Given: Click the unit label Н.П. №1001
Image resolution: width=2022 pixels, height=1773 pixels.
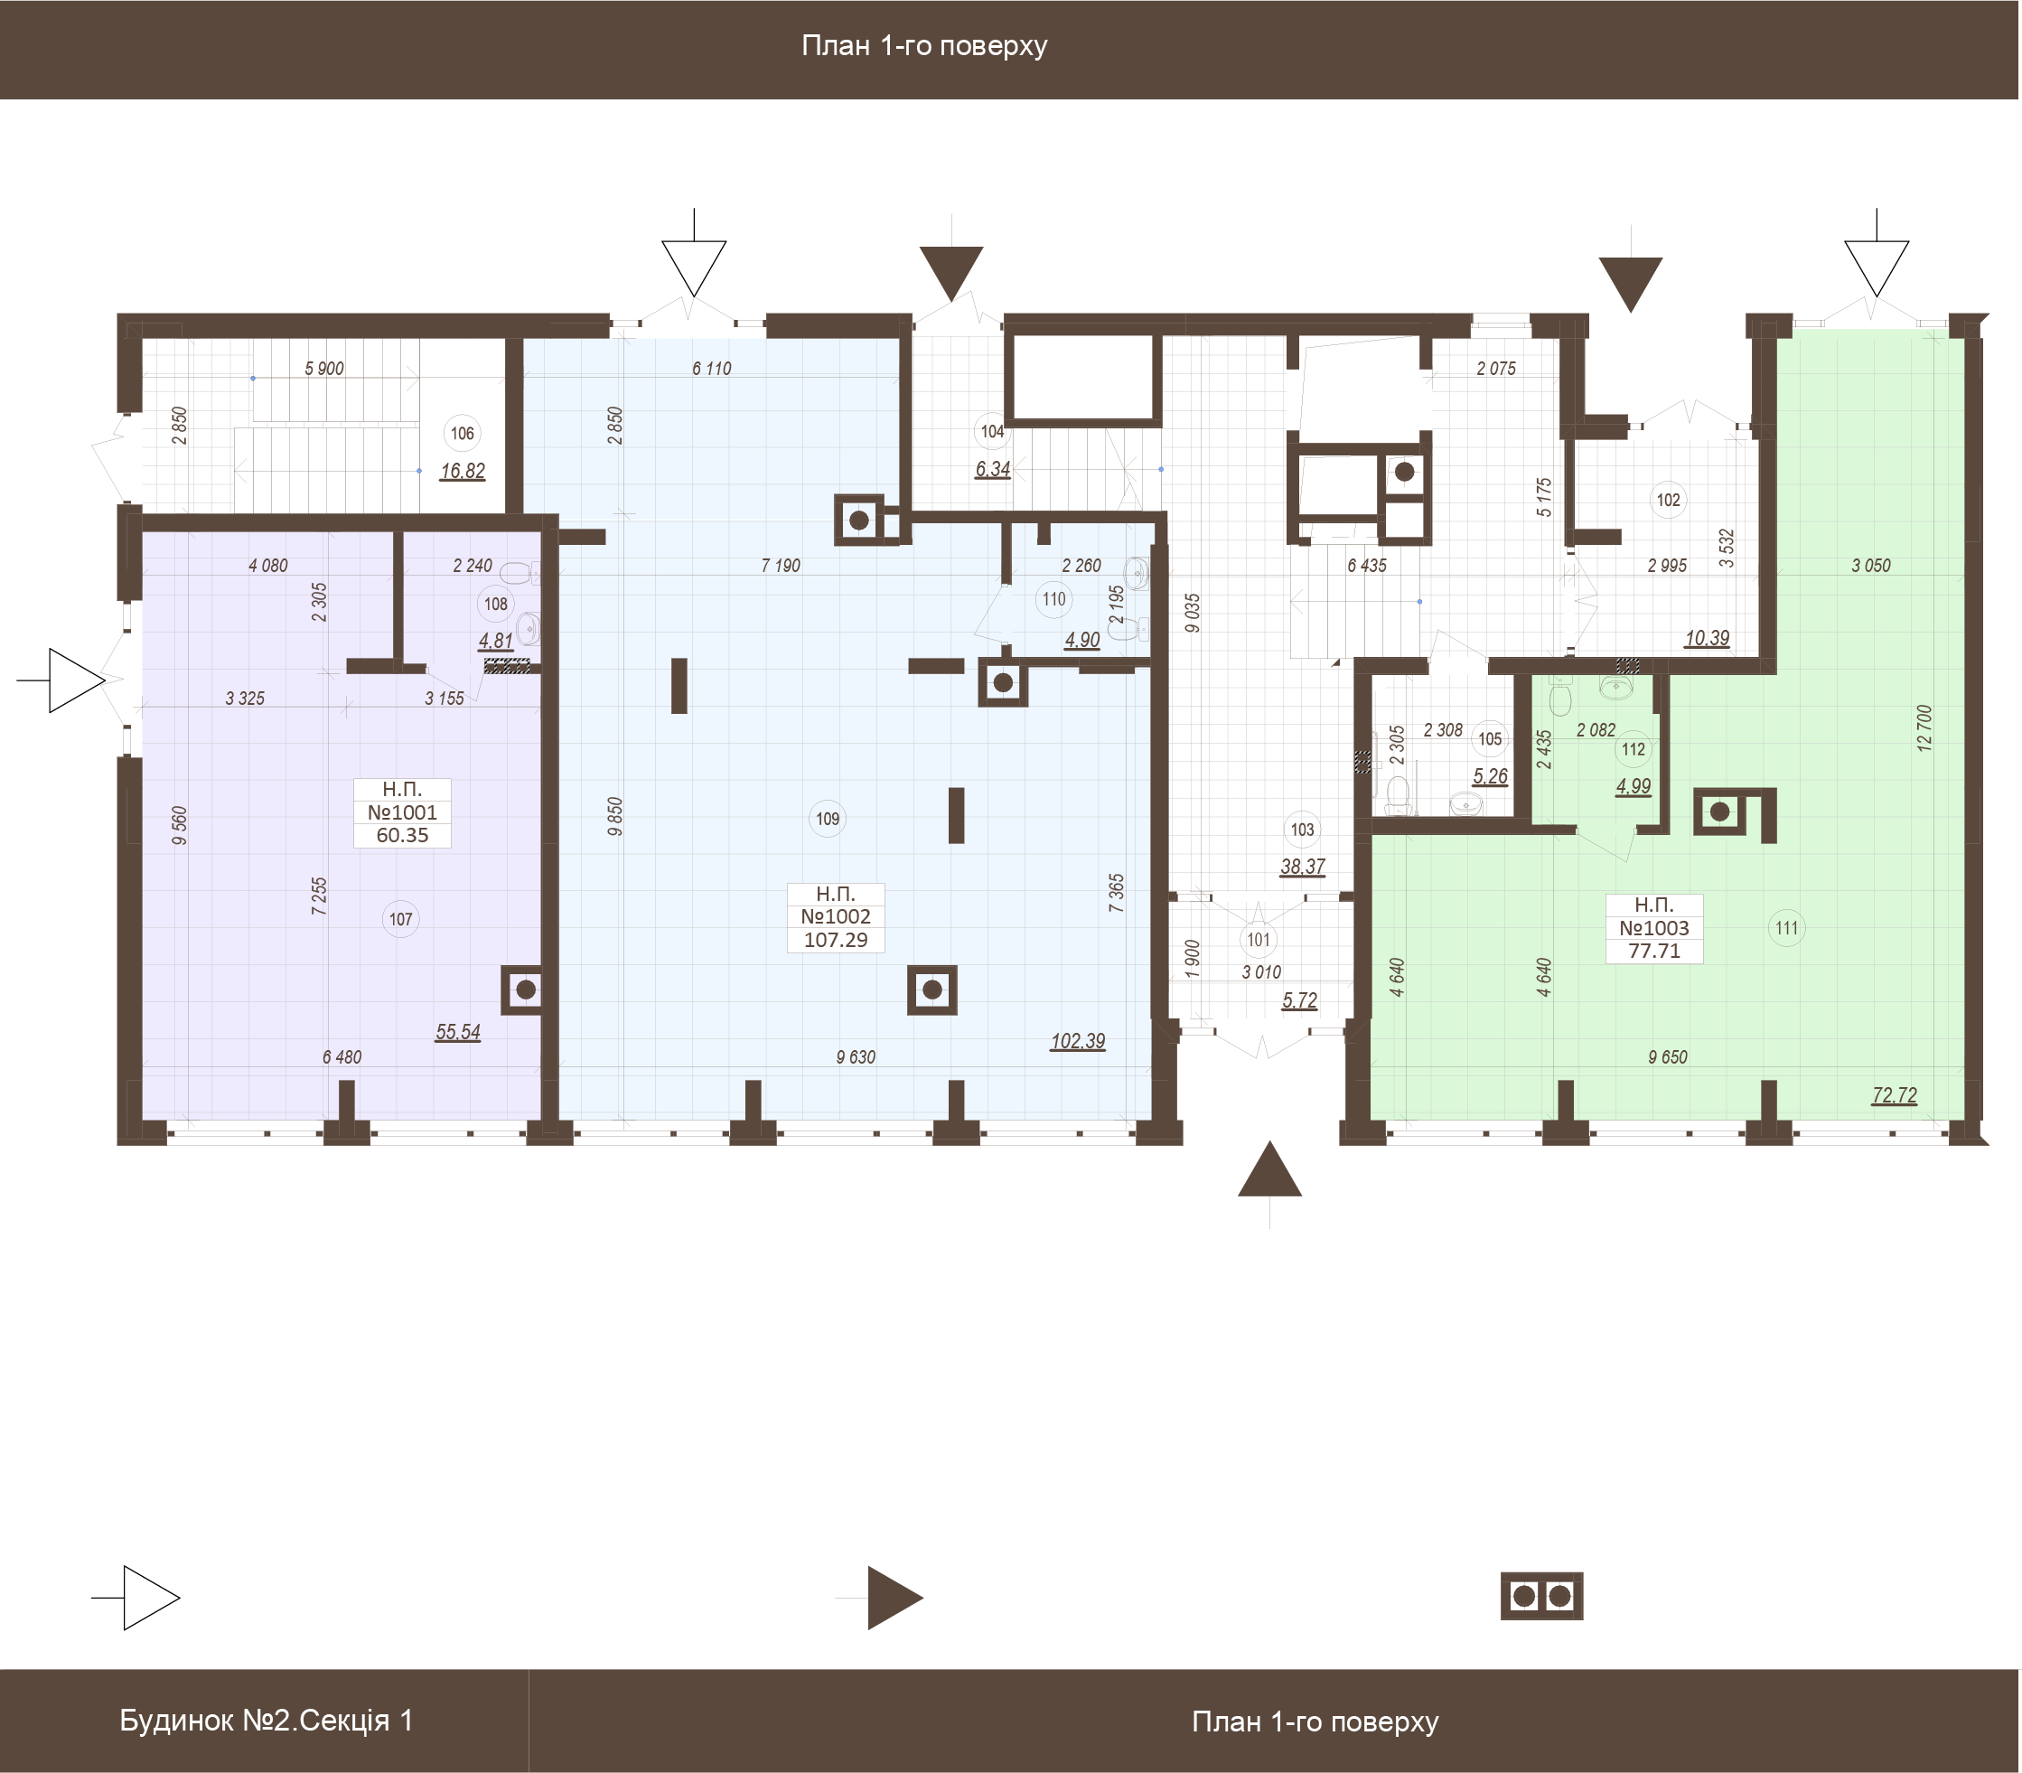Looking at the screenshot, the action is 403,812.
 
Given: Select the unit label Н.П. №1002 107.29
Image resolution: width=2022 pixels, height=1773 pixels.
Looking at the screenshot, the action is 836,917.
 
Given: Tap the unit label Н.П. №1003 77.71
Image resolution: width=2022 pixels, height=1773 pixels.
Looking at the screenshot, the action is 1655,928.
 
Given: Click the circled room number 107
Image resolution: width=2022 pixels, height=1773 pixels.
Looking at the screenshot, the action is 400,920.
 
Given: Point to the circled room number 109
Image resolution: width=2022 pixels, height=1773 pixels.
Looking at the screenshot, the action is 828,820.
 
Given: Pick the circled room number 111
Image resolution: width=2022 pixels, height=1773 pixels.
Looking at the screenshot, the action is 1786,928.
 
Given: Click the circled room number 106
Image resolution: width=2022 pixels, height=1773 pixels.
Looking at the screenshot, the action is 462,434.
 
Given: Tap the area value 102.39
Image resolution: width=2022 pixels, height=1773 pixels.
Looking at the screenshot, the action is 1078,1042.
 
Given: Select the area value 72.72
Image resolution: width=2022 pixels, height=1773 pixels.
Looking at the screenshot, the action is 1895,1095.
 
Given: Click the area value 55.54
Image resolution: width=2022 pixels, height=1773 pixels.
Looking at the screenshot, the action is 458,1032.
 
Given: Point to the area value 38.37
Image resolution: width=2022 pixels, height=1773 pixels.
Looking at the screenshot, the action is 1303,867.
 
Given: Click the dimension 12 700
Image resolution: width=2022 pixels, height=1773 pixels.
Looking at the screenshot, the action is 1924,728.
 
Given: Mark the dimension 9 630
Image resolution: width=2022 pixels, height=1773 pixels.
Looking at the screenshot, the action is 856,1057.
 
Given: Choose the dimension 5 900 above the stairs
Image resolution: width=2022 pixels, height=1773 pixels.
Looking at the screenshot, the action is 324,369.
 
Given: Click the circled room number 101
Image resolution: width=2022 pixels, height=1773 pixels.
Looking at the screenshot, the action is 1259,940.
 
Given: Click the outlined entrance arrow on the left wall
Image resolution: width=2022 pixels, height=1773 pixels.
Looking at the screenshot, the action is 70,680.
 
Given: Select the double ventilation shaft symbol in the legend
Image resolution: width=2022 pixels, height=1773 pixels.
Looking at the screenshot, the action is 1542,1596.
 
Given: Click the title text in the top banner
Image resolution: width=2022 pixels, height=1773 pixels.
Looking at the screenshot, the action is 924,46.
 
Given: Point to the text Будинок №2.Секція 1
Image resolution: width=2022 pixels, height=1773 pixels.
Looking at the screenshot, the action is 267,1721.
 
